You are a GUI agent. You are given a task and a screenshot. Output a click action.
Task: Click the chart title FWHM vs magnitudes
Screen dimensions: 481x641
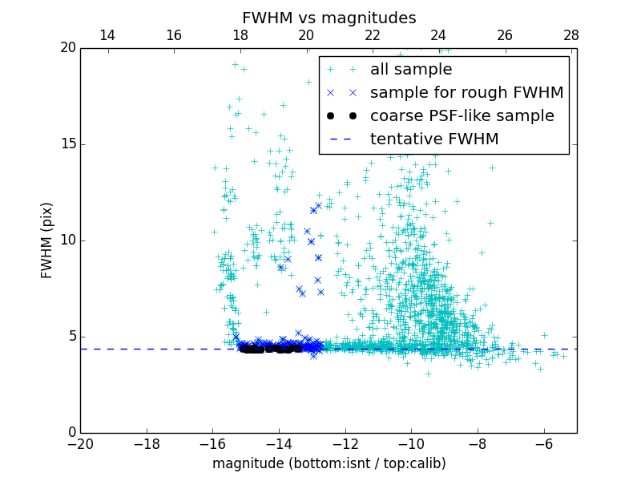(x=329, y=18)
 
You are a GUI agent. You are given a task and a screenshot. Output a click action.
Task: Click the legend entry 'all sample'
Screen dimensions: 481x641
(x=410, y=70)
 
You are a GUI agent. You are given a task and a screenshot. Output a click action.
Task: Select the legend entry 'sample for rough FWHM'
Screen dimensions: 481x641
(x=466, y=93)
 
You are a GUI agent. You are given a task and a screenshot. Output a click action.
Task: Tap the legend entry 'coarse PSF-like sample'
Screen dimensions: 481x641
(x=462, y=116)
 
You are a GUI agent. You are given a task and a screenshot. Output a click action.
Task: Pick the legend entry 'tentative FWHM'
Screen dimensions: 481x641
(x=433, y=139)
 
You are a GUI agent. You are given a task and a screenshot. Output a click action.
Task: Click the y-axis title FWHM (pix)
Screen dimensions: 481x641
(x=47, y=240)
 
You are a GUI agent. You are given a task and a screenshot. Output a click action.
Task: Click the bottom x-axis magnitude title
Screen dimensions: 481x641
(x=329, y=463)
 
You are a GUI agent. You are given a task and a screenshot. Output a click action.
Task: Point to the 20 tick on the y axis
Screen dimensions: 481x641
(x=67, y=48)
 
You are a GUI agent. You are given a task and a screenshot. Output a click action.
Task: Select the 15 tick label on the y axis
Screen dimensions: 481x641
(x=67, y=144)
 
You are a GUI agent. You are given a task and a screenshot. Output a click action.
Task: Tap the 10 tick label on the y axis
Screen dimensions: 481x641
(x=67, y=240)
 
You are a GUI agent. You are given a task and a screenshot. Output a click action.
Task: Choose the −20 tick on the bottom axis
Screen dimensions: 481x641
(x=80, y=445)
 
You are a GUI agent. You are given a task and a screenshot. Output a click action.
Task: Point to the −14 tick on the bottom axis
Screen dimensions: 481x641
(x=279, y=445)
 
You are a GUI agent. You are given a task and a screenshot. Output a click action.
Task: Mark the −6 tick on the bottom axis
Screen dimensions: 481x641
(x=544, y=445)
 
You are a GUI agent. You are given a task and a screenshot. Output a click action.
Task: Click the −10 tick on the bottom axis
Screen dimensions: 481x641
(x=411, y=445)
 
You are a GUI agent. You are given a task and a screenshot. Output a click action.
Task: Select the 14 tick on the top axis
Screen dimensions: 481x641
(x=107, y=35)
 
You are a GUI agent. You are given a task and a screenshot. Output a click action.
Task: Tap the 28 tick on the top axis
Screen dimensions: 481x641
(x=571, y=35)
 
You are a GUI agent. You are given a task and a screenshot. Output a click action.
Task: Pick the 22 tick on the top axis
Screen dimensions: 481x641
(x=373, y=35)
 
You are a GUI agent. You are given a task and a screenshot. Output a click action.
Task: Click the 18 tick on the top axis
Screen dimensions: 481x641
(x=240, y=35)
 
